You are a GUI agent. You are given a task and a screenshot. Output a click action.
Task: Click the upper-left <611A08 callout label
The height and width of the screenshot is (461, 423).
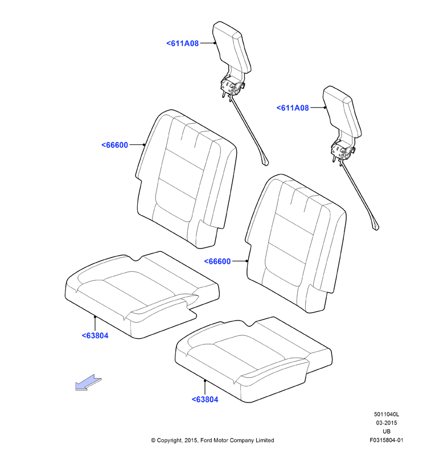[x=183, y=44]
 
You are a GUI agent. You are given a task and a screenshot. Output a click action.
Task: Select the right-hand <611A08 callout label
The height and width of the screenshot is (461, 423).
[x=293, y=108]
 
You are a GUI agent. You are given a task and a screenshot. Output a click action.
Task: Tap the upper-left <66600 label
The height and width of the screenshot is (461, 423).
[x=115, y=145]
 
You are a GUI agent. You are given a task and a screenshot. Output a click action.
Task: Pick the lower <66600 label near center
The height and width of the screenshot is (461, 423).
[x=217, y=261]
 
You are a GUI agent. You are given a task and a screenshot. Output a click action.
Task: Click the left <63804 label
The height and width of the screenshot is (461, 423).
[x=95, y=335]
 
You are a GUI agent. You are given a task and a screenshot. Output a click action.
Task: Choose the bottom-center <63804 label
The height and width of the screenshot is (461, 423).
[x=205, y=400]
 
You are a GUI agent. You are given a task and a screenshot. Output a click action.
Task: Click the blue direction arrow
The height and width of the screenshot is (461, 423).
[x=88, y=383]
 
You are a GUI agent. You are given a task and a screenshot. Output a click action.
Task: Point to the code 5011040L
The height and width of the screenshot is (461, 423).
[x=387, y=414]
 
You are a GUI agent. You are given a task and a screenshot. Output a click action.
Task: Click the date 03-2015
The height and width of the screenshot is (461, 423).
[x=387, y=423]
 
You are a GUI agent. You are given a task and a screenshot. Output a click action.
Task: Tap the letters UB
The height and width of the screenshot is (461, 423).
[x=387, y=431]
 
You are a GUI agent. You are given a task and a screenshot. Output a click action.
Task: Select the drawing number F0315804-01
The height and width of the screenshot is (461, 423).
[x=387, y=440]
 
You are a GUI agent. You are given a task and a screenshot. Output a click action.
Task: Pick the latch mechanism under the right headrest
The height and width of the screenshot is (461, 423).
[x=343, y=151]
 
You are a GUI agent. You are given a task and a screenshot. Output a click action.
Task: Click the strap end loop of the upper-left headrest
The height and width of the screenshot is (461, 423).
[x=264, y=161]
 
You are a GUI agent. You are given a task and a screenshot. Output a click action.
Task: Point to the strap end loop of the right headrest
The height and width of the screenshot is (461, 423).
[x=375, y=226]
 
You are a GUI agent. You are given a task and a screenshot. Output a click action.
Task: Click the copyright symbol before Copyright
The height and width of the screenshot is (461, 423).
[x=153, y=441]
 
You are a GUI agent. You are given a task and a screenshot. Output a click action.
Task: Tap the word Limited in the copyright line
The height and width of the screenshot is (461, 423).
[x=265, y=440]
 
